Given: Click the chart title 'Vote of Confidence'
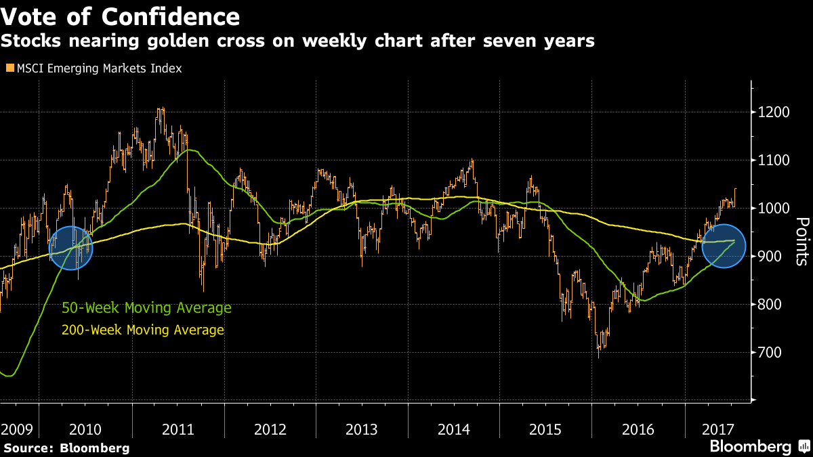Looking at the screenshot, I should point(120,16).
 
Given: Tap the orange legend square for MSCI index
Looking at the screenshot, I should point(9,68).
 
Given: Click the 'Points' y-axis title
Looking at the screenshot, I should point(801,241).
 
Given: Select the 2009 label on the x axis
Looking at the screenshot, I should point(16,429).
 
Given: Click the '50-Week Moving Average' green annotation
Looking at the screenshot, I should point(146,309).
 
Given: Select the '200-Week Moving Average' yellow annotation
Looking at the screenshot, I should point(142,330).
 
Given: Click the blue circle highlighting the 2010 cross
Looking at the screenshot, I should point(71,248).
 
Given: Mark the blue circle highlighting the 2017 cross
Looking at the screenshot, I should point(724,246).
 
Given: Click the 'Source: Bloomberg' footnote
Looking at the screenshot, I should point(66,448).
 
